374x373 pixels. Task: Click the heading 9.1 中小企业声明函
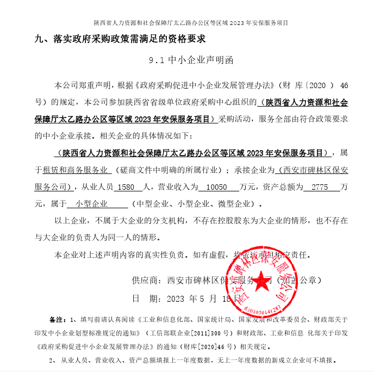(186, 60)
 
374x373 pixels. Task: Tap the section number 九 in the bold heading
(38, 39)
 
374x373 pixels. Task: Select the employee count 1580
(126, 188)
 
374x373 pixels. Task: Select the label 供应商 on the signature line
(145, 281)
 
